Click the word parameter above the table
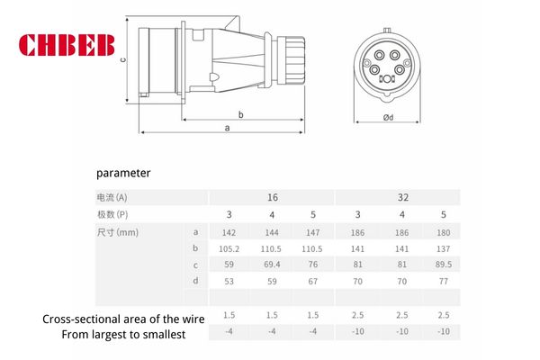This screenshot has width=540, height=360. pos(123,172)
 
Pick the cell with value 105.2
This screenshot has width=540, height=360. pos(229,247)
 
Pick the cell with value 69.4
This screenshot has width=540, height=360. pos(271,265)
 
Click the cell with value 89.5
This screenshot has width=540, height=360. pos(442,265)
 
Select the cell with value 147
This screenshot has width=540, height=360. pos(313,230)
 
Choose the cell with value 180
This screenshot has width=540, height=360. pos(442,230)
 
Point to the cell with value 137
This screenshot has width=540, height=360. pos(442,247)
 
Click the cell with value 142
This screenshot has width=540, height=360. pos(229,230)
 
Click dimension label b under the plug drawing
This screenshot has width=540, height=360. pos(241,115)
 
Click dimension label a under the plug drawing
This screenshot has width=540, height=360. pos(226,129)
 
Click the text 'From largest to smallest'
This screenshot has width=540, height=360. pos(123,335)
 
